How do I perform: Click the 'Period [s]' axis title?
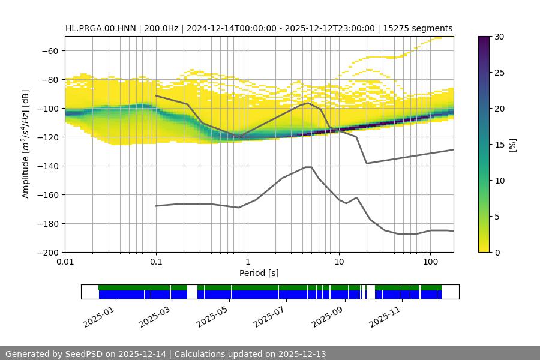tap(259, 274)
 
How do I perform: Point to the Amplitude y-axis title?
tap(26, 144)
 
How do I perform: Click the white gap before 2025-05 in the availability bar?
tap(192, 292)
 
